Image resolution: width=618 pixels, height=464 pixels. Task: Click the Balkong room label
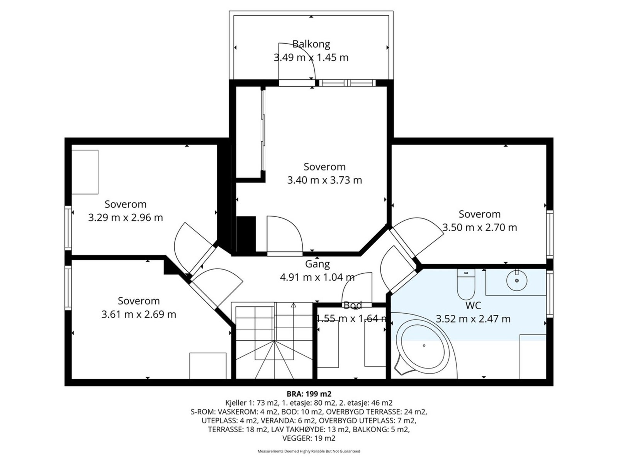311,44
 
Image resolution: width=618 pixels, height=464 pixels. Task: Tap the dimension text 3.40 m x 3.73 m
324,180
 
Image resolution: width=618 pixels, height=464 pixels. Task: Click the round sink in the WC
517,281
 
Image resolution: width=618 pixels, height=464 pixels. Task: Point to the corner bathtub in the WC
422,346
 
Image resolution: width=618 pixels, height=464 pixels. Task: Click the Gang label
317,264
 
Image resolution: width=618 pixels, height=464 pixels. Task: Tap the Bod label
353,305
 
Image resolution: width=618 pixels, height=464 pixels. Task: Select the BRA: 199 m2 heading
309,394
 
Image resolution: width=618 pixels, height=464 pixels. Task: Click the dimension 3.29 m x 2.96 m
126,218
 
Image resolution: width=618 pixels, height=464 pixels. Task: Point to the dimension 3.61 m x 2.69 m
139,314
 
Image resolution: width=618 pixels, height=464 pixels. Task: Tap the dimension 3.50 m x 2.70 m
479,227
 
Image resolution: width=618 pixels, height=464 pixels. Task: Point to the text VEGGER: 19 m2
309,438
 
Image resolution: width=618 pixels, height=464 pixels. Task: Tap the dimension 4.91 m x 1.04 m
317,278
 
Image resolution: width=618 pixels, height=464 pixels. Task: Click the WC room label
473,305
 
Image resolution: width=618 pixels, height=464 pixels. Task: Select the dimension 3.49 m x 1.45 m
311,58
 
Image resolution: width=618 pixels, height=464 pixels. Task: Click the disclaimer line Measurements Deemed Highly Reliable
309,451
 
